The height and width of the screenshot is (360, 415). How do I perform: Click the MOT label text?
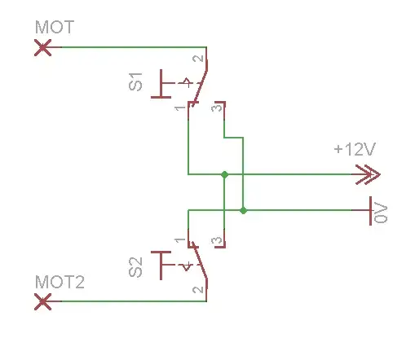(55, 27)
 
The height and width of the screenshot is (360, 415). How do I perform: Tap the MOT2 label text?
(60, 282)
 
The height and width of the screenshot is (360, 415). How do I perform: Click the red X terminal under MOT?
(42, 47)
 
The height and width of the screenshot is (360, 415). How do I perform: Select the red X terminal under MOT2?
(42, 301)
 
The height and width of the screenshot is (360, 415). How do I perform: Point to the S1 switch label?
(135, 81)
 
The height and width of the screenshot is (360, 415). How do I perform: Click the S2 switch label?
(135, 267)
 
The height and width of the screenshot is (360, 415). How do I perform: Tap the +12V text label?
(355, 149)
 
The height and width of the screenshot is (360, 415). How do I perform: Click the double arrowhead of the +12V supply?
(368, 174)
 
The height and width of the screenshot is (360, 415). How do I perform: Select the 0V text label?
(381, 213)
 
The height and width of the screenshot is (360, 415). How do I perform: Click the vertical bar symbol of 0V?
(370, 211)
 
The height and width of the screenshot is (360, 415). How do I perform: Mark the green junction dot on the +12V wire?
(224, 174)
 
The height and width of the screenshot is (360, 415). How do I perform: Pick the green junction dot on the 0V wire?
(243, 210)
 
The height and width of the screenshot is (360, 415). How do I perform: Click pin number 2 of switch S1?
(198, 59)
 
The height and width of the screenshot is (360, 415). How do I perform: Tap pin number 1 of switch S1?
(180, 108)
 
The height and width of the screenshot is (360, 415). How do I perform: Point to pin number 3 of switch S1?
(217, 108)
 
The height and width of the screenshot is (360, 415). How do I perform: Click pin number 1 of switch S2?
(180, 240)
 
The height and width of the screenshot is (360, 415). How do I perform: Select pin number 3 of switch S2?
(217, 240)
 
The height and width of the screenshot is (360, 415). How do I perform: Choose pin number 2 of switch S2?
(198, 290)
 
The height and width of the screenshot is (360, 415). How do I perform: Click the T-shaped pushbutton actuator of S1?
(161, 84)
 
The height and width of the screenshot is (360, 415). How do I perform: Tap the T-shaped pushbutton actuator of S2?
(161, 265)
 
